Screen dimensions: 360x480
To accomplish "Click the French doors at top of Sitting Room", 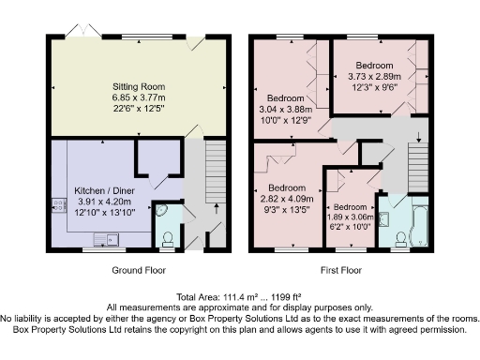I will [x=82, y=34].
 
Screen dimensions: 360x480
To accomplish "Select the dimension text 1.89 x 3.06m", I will [x=351, y=215].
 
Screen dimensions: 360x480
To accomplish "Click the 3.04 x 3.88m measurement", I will [x=286, y=108].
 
